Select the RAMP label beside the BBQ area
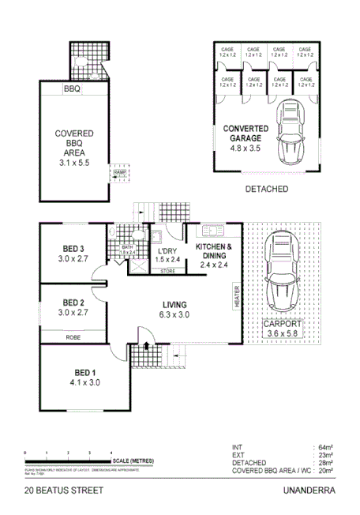coord(120,171)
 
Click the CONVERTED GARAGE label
coord(245,133)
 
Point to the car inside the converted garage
coord(291,132)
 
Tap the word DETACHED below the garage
coord(266,190)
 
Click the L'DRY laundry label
coord(167,254)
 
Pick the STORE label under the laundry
coord(167,270)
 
